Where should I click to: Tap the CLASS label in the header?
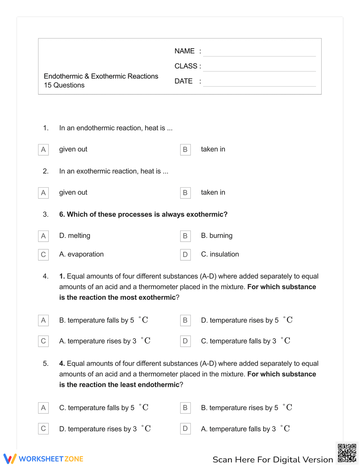[x=186, y=66]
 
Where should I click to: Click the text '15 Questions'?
[x=64, y=85]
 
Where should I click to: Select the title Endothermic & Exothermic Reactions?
[x=101, y=76]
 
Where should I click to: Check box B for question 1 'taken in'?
[x=185, y=149]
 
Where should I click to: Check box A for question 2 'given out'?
[x=43, y=193]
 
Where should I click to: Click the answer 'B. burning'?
[x=216, y=236]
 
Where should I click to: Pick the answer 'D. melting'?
[x=75, y=236]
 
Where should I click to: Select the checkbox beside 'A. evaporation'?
[x=43, y=255]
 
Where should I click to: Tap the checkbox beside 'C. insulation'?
[x=185, y=255]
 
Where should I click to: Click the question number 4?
[x=45, y=276]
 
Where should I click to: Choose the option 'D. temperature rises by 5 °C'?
[x=246, y=320]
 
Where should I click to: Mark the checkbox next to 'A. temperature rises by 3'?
[x=43, y=341]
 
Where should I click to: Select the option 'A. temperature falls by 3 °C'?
[x=245, y=429]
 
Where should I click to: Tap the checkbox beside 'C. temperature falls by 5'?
[x=43, y=408]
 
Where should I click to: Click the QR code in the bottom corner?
[x=347, y=453]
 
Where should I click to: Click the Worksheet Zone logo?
[x=43, y=459]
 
